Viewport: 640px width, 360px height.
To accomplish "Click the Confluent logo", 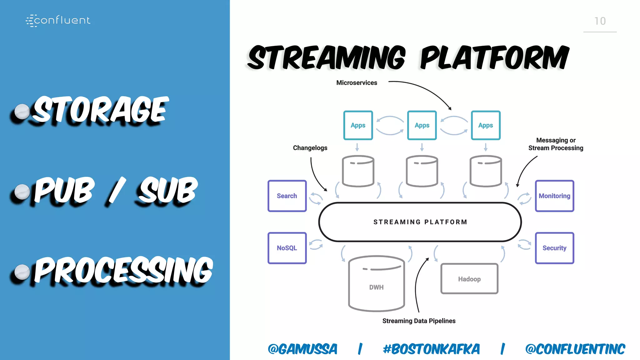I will point(58,20).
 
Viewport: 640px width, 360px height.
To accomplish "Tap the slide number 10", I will point(600,21).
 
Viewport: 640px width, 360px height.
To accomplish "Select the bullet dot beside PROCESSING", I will point(22,272).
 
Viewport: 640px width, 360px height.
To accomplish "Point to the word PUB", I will point(64,190).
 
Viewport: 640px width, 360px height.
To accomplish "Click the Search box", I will point(287,196).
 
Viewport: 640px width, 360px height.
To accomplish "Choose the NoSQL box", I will point(287,248).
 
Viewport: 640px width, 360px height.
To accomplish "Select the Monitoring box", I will point(554,196).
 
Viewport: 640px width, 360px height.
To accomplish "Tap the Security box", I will point(554,248).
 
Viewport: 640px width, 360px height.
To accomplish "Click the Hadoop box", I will point(469,279).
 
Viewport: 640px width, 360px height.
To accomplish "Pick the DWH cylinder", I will point(376,284).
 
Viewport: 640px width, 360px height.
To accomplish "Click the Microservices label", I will point(357,83).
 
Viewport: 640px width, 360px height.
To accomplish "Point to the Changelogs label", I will point(310,148).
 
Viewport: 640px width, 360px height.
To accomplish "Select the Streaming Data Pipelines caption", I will point(419,321).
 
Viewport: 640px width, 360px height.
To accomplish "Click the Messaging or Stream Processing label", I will point(556,144).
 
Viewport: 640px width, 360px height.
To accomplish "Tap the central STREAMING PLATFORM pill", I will point(420,222).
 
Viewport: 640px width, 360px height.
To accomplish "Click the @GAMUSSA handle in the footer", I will point(302,349).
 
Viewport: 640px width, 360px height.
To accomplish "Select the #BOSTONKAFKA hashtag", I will point(431,349).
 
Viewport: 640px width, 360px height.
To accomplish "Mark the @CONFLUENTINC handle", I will point(575,349).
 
